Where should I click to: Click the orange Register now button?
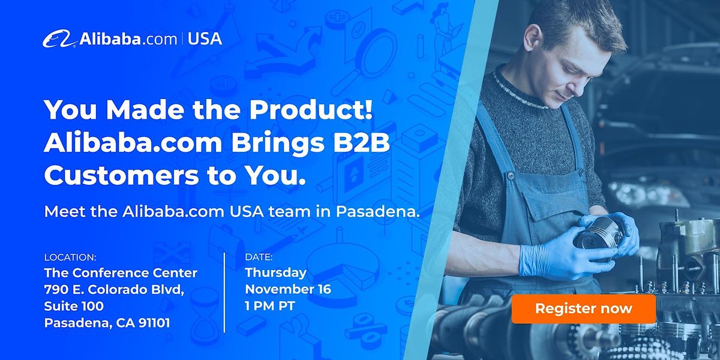point(583,309)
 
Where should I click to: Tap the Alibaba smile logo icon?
point(59,39)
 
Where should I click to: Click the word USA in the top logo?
point(205,39)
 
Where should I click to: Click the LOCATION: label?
point(70,257)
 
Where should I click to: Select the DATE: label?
point(259,257)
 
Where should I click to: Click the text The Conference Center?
point(121,273)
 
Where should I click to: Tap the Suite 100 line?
point(74,306)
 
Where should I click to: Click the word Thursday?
point(275,273)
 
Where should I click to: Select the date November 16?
point(288,289)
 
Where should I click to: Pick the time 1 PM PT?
point(270,306)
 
